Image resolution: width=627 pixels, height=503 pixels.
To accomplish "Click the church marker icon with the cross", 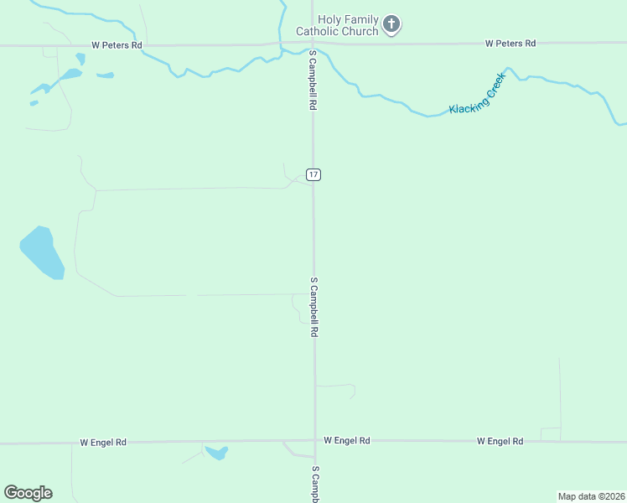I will pos(391,24).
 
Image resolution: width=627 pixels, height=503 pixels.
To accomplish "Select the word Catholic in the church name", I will pos(323,32).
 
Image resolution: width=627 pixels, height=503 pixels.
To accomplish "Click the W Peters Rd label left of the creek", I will pos(117,45).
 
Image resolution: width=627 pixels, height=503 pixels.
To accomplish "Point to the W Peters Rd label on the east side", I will pos(510,43).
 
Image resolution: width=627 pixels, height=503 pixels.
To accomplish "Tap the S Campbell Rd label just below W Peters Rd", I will pos(313,80).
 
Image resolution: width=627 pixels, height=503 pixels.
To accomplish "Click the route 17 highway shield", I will pos(313,174).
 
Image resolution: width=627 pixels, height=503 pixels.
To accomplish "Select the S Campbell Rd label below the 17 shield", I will pos(314,307).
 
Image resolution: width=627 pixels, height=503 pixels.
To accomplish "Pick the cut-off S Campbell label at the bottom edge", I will pos(316,484).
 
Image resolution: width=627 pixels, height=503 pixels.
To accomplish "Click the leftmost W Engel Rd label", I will pos(103,442).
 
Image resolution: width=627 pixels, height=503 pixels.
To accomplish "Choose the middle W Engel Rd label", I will pos(346,440).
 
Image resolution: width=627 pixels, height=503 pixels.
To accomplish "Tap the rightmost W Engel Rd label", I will pos(500,441).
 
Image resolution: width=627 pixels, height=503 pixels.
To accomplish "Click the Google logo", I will pos(28,493).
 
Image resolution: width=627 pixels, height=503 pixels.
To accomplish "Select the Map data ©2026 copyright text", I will pos(591,496).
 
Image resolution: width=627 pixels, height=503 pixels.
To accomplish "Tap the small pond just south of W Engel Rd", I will pos(217,453).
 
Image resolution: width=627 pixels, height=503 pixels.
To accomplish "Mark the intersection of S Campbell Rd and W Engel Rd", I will pos(315,440).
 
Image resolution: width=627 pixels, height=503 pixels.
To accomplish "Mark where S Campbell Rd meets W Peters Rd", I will pos(311,44).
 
